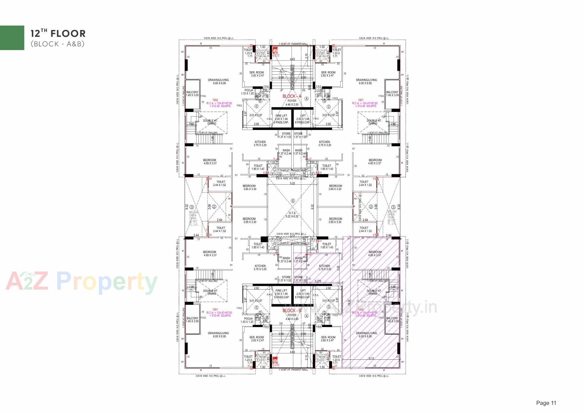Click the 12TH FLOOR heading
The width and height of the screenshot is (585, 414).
[x=58, y=33]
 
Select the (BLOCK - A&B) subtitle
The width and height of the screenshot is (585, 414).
[x=57, y=44]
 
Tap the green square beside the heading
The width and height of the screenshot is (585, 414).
[x=12, y=38]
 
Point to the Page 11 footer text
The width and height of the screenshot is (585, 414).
[x=546, y=403]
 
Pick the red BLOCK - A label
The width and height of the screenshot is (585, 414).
[x=292, y=96]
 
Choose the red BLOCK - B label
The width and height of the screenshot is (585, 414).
[x=292, y=311]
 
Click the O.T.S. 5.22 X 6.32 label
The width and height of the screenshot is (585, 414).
[x=292, y=215]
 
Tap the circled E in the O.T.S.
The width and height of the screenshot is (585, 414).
[x=293, y=201]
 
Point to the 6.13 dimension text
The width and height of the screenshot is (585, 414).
[x=371, y=358]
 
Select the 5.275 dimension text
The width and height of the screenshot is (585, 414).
[x=318, y=281]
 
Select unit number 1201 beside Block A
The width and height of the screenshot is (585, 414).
[x=361, y=100]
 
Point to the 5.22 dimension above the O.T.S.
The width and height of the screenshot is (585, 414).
[x=292, y=183]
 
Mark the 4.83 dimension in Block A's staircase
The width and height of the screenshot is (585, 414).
[x=292, y=59]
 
